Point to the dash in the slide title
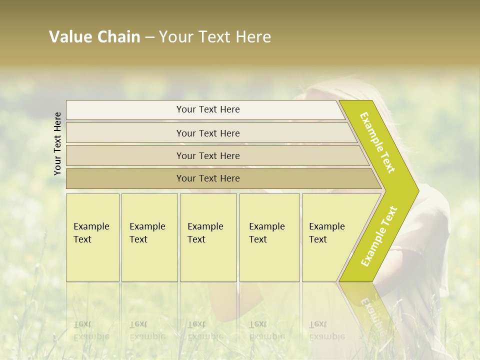coord(149,37)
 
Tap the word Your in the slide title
coord(175,37)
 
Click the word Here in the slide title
coord(253,37)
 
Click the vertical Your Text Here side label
coord(57,143)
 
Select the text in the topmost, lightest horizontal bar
coord(208,109)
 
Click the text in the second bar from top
coord(208,133)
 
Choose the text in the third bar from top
coord(208,156)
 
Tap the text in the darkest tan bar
coord(208,178)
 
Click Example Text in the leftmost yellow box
coord(91,233)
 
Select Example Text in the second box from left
coord(147,233)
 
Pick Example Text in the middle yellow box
coord(205,233)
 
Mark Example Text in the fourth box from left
coord(266,233)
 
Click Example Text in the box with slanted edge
coord(326,233)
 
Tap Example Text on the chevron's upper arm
coord(378,143)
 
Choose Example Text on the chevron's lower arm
coord(379,236)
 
